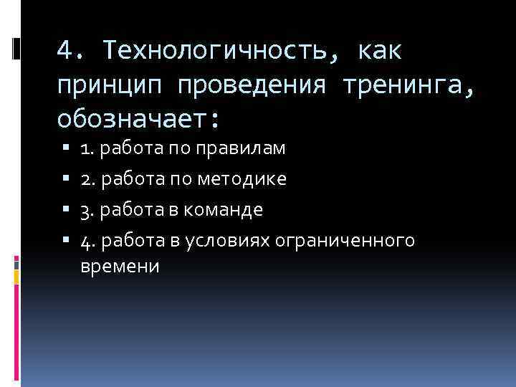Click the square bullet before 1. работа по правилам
tap(65, 150)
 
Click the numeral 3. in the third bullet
tap(88, 211)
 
